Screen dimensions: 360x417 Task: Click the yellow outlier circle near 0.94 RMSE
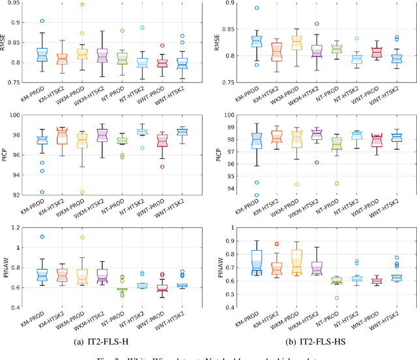[81, 5]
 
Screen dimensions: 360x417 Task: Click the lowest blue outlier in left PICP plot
[41, 192]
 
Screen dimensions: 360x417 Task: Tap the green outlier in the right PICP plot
[337, 184]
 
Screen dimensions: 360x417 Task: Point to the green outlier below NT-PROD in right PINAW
[337, 298]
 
